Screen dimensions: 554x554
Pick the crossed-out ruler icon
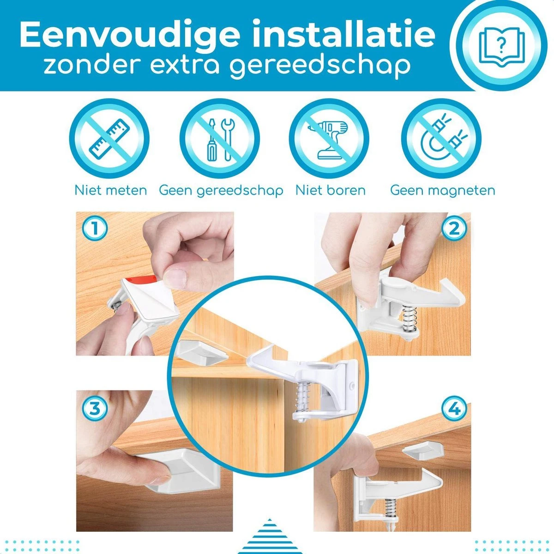(109, 138)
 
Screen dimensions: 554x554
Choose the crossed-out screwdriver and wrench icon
(220, 138)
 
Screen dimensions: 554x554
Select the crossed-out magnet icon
(441, 138)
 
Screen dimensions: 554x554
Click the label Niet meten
(111, 190)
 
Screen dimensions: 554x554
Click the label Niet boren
(331, 190)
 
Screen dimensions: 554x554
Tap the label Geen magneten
(443, 191)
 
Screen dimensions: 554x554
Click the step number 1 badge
(95, 229)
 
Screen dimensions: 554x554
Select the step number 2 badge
(454, 229)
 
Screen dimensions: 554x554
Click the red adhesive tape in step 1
(141, 278)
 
